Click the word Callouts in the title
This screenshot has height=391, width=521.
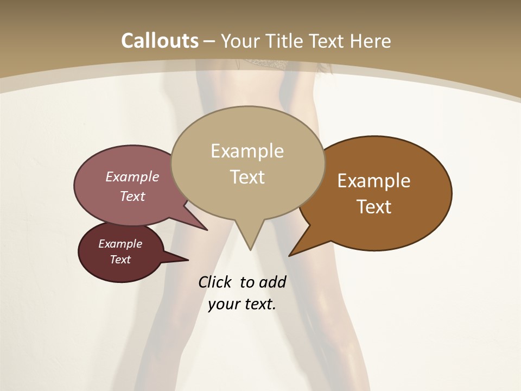point(160,41)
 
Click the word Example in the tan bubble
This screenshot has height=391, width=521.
point(247,151)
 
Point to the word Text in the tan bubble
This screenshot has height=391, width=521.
point(247,177)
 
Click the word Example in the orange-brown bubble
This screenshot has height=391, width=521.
point(374,181)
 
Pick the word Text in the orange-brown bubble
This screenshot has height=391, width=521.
point(374,207)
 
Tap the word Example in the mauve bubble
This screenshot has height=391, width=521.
point(132,177)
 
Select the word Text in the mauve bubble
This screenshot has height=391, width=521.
point(132,197)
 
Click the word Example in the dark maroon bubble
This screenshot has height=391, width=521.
point(120,244)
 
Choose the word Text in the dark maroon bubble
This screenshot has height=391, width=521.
point(120,260)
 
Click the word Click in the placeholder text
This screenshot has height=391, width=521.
point(215,282)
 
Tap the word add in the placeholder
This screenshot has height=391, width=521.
point(272,282)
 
